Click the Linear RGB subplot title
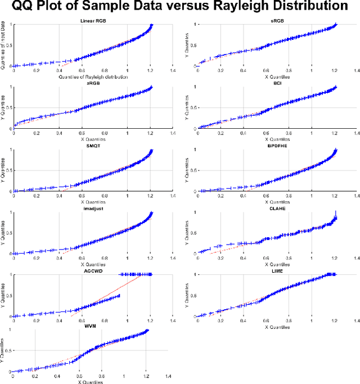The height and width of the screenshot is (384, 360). [93, 21]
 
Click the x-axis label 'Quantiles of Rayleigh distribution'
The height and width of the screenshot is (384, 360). [93, 76]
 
